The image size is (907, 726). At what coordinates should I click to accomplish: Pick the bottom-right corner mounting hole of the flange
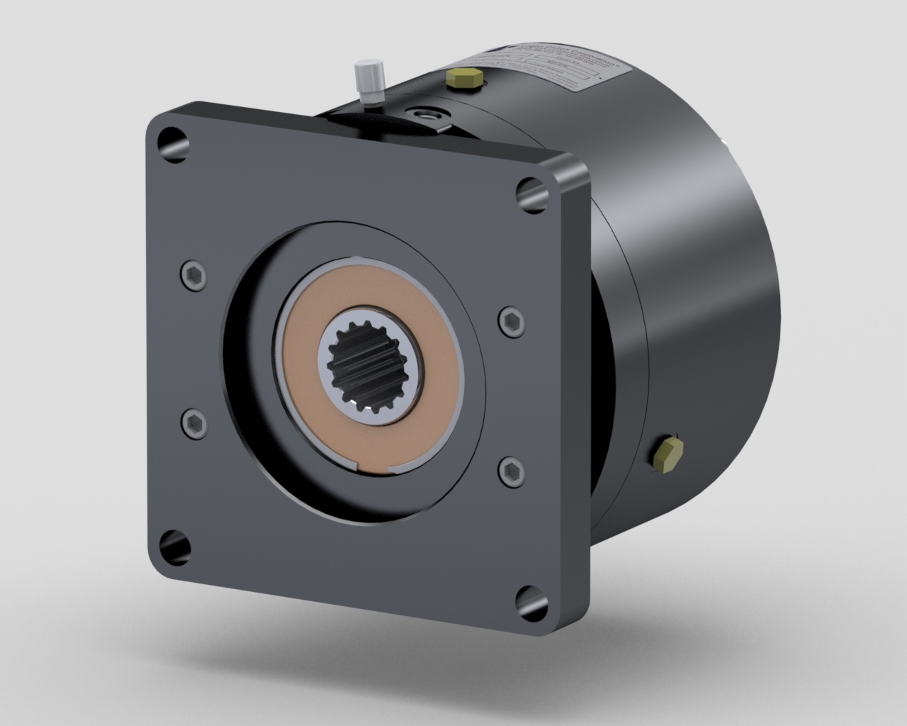(x=528, y=599)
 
